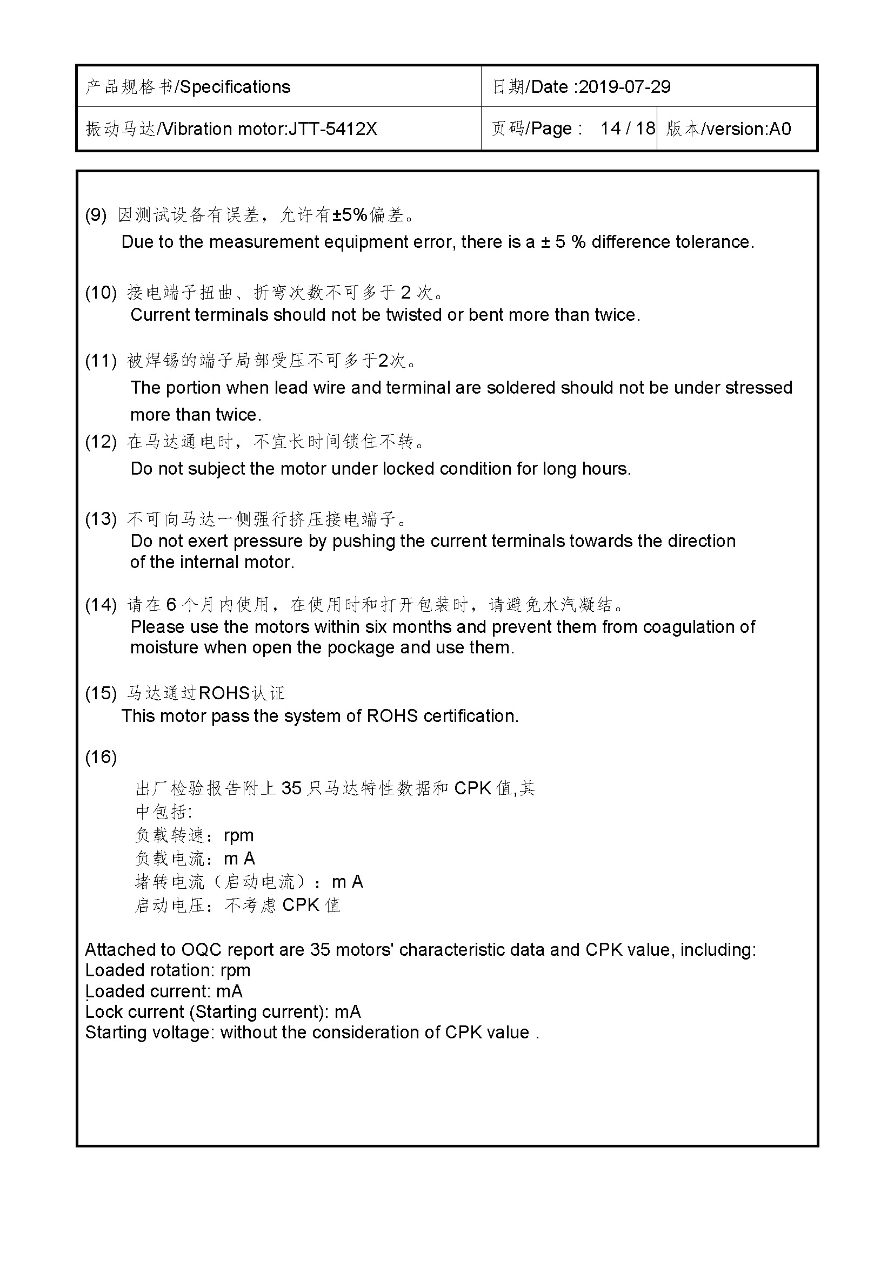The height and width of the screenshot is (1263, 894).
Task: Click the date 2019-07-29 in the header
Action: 624,87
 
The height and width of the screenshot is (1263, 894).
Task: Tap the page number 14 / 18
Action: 628,129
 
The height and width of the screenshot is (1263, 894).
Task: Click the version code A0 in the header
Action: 780,129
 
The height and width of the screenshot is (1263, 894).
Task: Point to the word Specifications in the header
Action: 235,87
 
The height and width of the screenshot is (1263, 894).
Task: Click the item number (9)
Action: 96,214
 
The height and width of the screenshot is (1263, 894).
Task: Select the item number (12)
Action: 101,441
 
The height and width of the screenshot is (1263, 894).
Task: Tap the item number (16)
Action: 101,757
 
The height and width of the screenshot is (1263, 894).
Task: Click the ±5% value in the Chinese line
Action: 350,214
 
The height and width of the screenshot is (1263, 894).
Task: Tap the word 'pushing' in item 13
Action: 363,541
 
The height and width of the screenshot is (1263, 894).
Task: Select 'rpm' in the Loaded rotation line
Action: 235,971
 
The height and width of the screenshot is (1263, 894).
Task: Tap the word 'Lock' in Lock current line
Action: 103,1012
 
